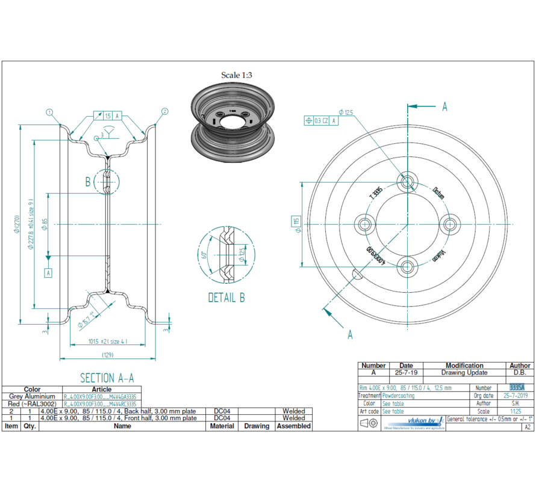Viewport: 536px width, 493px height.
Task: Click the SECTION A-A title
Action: click(x=107, y=378)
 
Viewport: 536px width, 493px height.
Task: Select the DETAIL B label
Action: click(x=226, y=297)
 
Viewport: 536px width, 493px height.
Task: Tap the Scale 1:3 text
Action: click(x=237, y=75)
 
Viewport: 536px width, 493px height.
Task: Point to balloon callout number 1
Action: click(x=49, y=112)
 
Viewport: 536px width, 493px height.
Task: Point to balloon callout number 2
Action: click(x=164, y=112)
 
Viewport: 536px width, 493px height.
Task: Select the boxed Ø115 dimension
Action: click(x=296, y=224)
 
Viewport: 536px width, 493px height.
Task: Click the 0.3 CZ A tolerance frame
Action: click(x=322, y=120)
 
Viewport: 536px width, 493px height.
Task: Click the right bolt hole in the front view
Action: click(x=449, y=224)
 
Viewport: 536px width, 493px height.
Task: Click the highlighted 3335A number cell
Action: click(x=516, y=388)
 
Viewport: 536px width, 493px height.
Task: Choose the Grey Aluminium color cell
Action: click(x=32, y=397)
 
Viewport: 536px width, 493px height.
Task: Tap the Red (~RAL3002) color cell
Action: click(x=32, y=404)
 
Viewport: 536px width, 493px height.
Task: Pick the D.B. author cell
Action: click(x=520, y=373)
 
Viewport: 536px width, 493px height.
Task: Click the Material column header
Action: click(x=222, y=426)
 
